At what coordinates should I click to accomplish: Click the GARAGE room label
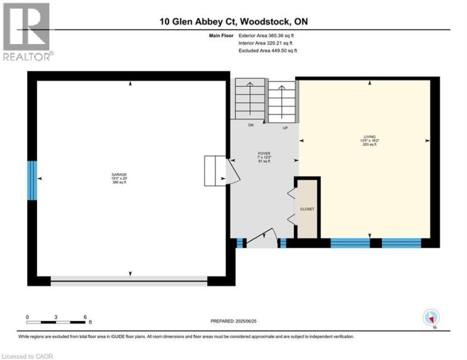coord(119,176)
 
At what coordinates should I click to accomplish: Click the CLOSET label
coord(307,210)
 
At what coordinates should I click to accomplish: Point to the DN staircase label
coord(250,125)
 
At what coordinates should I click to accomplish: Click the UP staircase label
coord(285,128)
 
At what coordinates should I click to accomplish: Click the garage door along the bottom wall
coord(129,281)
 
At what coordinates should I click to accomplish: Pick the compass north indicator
coord(431,318)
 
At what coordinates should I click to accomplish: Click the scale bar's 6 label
coord(86,317)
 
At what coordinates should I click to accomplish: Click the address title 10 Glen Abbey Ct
coord(233,21)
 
